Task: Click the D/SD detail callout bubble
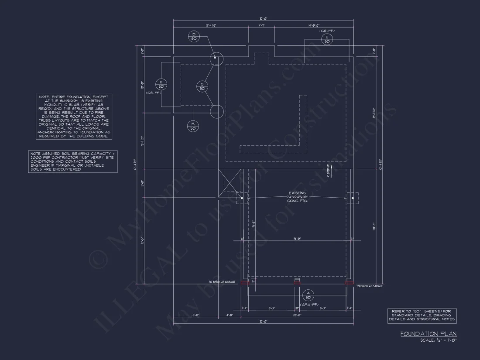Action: click(194, 36)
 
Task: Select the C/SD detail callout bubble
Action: click(202, 86)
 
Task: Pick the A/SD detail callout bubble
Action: click(308, 295)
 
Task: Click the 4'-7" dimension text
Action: click(262, 26)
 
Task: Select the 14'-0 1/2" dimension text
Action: click(314, 26)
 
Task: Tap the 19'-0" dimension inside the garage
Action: click(296, 239)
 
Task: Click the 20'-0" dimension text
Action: click(298, 314)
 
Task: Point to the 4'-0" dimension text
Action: click(230, 314)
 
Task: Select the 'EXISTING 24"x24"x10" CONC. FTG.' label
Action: click(297, 196)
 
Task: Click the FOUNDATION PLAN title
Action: click(428, 334)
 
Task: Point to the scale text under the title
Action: click(438, 340)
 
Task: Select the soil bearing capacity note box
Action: click(73, 161)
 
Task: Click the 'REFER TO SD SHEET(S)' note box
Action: click(422, 315)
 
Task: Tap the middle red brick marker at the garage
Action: click(297, 283)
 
